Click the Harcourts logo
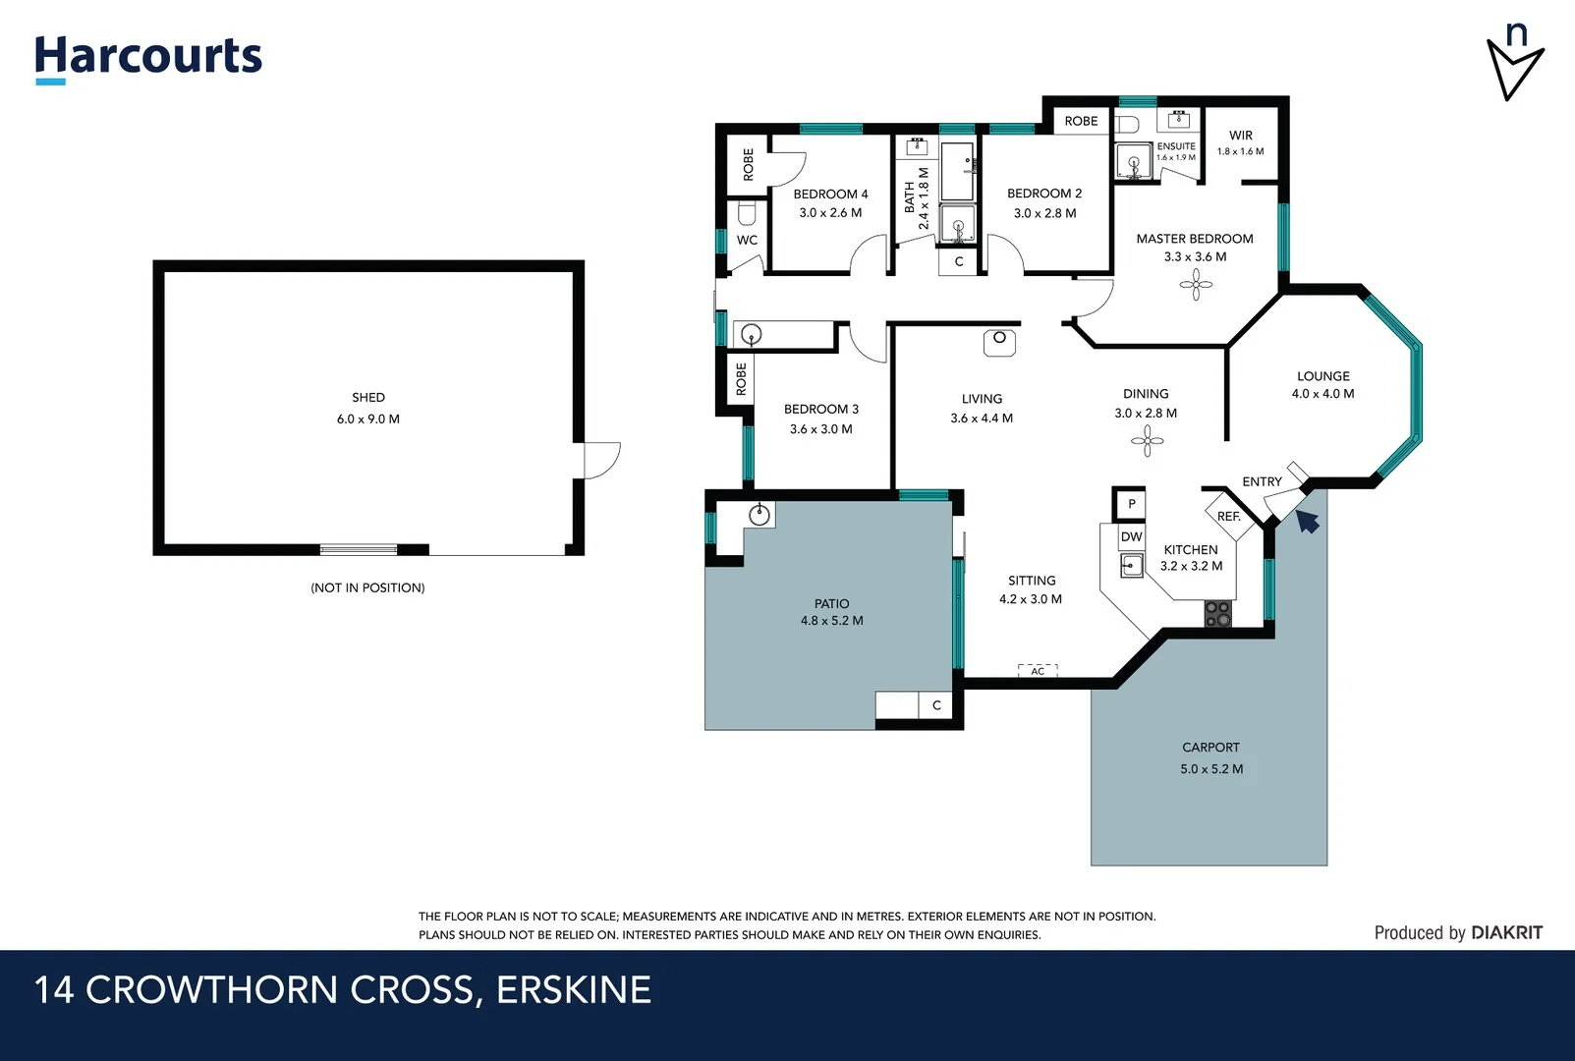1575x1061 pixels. pos(148,58)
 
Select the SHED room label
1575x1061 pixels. pos(368,398)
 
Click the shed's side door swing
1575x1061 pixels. pos(600,460)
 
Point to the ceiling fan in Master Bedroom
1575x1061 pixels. pos(1196,286)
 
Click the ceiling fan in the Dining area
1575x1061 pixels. pos(1147,441)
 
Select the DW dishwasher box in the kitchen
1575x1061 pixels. pos(1132,536)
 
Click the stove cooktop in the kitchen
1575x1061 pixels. pos(1217,614)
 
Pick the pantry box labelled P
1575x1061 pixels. pos(1131,504)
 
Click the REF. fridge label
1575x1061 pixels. pos(1228,517)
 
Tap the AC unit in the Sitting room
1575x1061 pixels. pos(1038,671)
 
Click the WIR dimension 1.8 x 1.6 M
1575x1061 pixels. pos(1240,152)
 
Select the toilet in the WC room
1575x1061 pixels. pos(746,213)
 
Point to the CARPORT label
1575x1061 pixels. pos(1210,748)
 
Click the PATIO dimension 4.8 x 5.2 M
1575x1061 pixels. pos(831,621)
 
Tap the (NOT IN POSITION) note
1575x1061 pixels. pos(367,587)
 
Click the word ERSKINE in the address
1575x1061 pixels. pos(574,990)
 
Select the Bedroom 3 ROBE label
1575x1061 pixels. pos(741,379)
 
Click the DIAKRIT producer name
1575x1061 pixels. pos(1507,933)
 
